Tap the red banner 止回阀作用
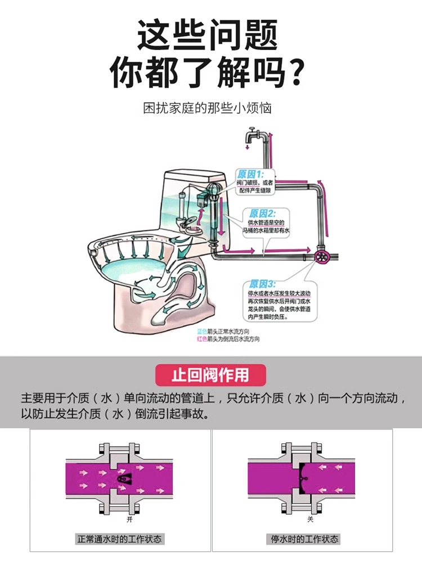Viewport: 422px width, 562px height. tap(210, 374)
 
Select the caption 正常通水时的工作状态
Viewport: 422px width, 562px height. tap(120, 539)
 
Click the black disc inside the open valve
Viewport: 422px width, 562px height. tap(124, 478)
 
